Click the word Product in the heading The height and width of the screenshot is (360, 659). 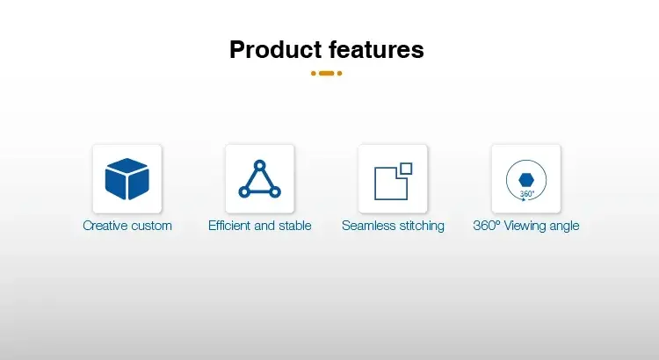point(276,49)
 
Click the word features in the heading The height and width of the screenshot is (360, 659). point(376,49)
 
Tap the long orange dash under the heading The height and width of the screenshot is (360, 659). point(327,73)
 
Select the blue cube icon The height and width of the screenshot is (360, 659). point(127,179)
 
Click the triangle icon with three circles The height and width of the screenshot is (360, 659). point(260,179)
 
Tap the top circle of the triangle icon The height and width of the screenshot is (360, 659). point(260,165)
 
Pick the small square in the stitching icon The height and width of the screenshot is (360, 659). point(406,169)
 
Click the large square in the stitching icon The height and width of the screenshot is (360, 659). point(391,184)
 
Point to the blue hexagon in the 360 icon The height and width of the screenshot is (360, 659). point(526,180)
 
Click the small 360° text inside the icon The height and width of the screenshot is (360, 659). point(527,194)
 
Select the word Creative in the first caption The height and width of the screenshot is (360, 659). point(105,226)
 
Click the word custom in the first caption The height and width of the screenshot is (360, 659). point(151,226)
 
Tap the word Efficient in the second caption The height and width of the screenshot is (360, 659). point(229,226)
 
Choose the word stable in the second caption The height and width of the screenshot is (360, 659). point(295,226)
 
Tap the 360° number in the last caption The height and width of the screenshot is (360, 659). point(487,226)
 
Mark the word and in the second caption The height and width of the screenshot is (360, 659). point(264,226)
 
